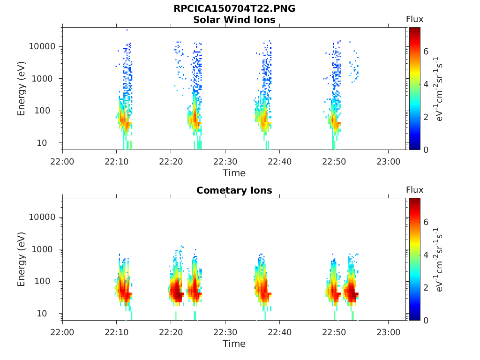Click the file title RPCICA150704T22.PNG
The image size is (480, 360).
(234, 8)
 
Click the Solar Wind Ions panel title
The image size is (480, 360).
(234, 20)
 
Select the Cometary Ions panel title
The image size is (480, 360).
(234, 190)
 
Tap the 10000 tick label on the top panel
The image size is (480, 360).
(42, 46)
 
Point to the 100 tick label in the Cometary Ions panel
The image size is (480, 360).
(42, 281)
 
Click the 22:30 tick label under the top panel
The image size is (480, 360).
(225, 161)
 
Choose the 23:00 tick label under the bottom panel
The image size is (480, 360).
(388, 332)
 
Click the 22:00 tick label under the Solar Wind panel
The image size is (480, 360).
(62, 161)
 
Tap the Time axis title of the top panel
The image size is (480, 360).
(234, 173)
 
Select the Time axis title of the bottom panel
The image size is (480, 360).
(234, 344)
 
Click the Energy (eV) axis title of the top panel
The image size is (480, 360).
(21, 89)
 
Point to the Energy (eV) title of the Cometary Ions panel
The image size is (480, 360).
(21, 259)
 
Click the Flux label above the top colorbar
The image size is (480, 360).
(414, 19)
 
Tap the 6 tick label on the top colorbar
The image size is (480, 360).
(426, 52)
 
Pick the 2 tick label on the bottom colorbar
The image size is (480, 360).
(426, 287)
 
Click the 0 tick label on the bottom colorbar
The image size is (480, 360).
(426, 320)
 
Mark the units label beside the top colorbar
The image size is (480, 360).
(439, 89)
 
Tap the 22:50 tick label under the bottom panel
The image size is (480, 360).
(334, 332)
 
